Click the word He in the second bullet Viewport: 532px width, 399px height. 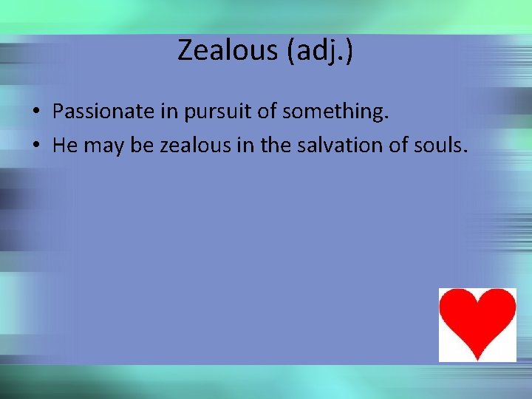pos(66,146)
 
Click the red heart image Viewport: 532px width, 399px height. pos(477,324)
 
